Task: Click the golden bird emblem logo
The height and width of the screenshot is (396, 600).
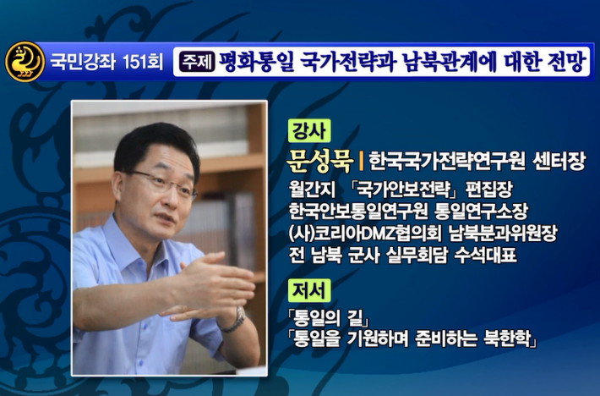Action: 25,62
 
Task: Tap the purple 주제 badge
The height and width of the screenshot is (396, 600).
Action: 197,62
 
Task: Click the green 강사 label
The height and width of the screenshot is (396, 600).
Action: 309,130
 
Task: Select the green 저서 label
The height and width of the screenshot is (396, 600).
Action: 309,290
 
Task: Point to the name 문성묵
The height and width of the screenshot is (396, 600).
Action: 320,162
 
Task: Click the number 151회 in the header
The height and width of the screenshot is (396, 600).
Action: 143,62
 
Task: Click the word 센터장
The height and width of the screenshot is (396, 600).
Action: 559,162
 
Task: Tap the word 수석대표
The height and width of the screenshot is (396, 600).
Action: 486,256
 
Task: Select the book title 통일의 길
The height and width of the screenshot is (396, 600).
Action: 329,317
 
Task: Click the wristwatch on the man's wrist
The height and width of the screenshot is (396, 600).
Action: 234,320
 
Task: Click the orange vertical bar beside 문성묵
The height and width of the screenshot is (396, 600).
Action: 361,162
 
